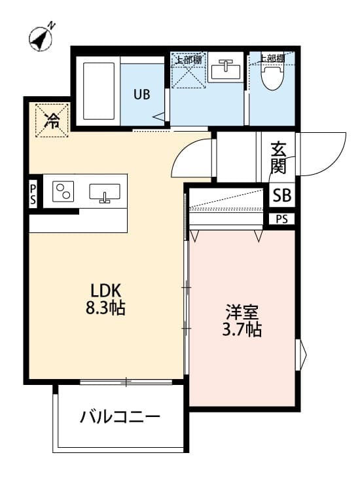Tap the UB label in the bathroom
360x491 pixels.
141,94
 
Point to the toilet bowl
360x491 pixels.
272,78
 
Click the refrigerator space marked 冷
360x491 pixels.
50,119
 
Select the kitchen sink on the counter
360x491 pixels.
104,193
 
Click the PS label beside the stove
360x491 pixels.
33,194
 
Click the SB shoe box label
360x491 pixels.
282,194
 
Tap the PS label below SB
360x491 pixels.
281,219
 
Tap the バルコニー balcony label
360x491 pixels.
120,416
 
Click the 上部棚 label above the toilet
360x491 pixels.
270,58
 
